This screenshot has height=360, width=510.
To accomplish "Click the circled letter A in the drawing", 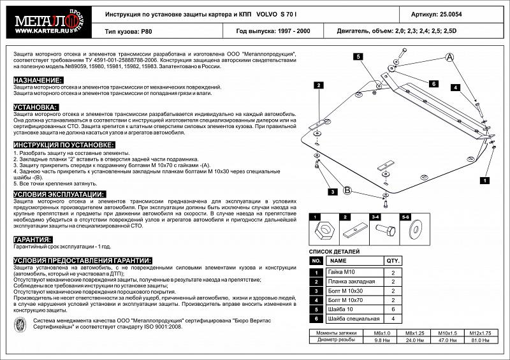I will [x=449, y=59].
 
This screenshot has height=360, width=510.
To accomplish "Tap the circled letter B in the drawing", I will [x=347, y=190].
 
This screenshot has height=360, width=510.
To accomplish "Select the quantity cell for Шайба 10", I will [x=393, y=309].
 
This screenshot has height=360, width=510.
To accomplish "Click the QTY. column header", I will [x=393, y=261].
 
